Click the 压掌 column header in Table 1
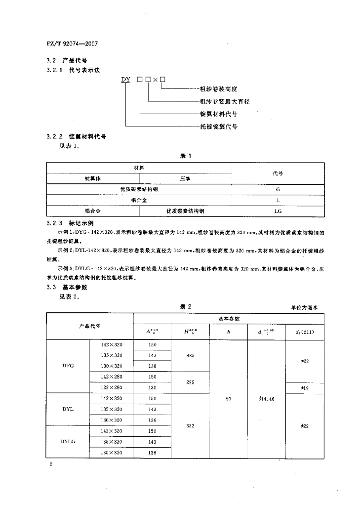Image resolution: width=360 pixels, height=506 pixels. pos(185,178)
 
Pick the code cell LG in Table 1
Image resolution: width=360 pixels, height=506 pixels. pos(277,211)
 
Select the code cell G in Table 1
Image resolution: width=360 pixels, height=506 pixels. pos(278,189)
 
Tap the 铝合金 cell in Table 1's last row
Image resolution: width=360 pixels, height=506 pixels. pos(92,211)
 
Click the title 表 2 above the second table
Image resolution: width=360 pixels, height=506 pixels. pos(185,307)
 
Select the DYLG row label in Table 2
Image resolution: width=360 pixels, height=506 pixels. pos(68,442)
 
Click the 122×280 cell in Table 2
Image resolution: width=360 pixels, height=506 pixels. pos(111,387)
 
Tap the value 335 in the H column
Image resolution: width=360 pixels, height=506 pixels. pos(190,355)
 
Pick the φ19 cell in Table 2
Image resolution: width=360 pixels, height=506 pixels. pos(305,388)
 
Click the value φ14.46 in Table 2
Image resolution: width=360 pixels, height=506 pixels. pos(266,399)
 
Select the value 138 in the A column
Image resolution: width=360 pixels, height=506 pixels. pos(152,366)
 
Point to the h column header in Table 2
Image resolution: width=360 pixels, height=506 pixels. pos(228,332)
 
